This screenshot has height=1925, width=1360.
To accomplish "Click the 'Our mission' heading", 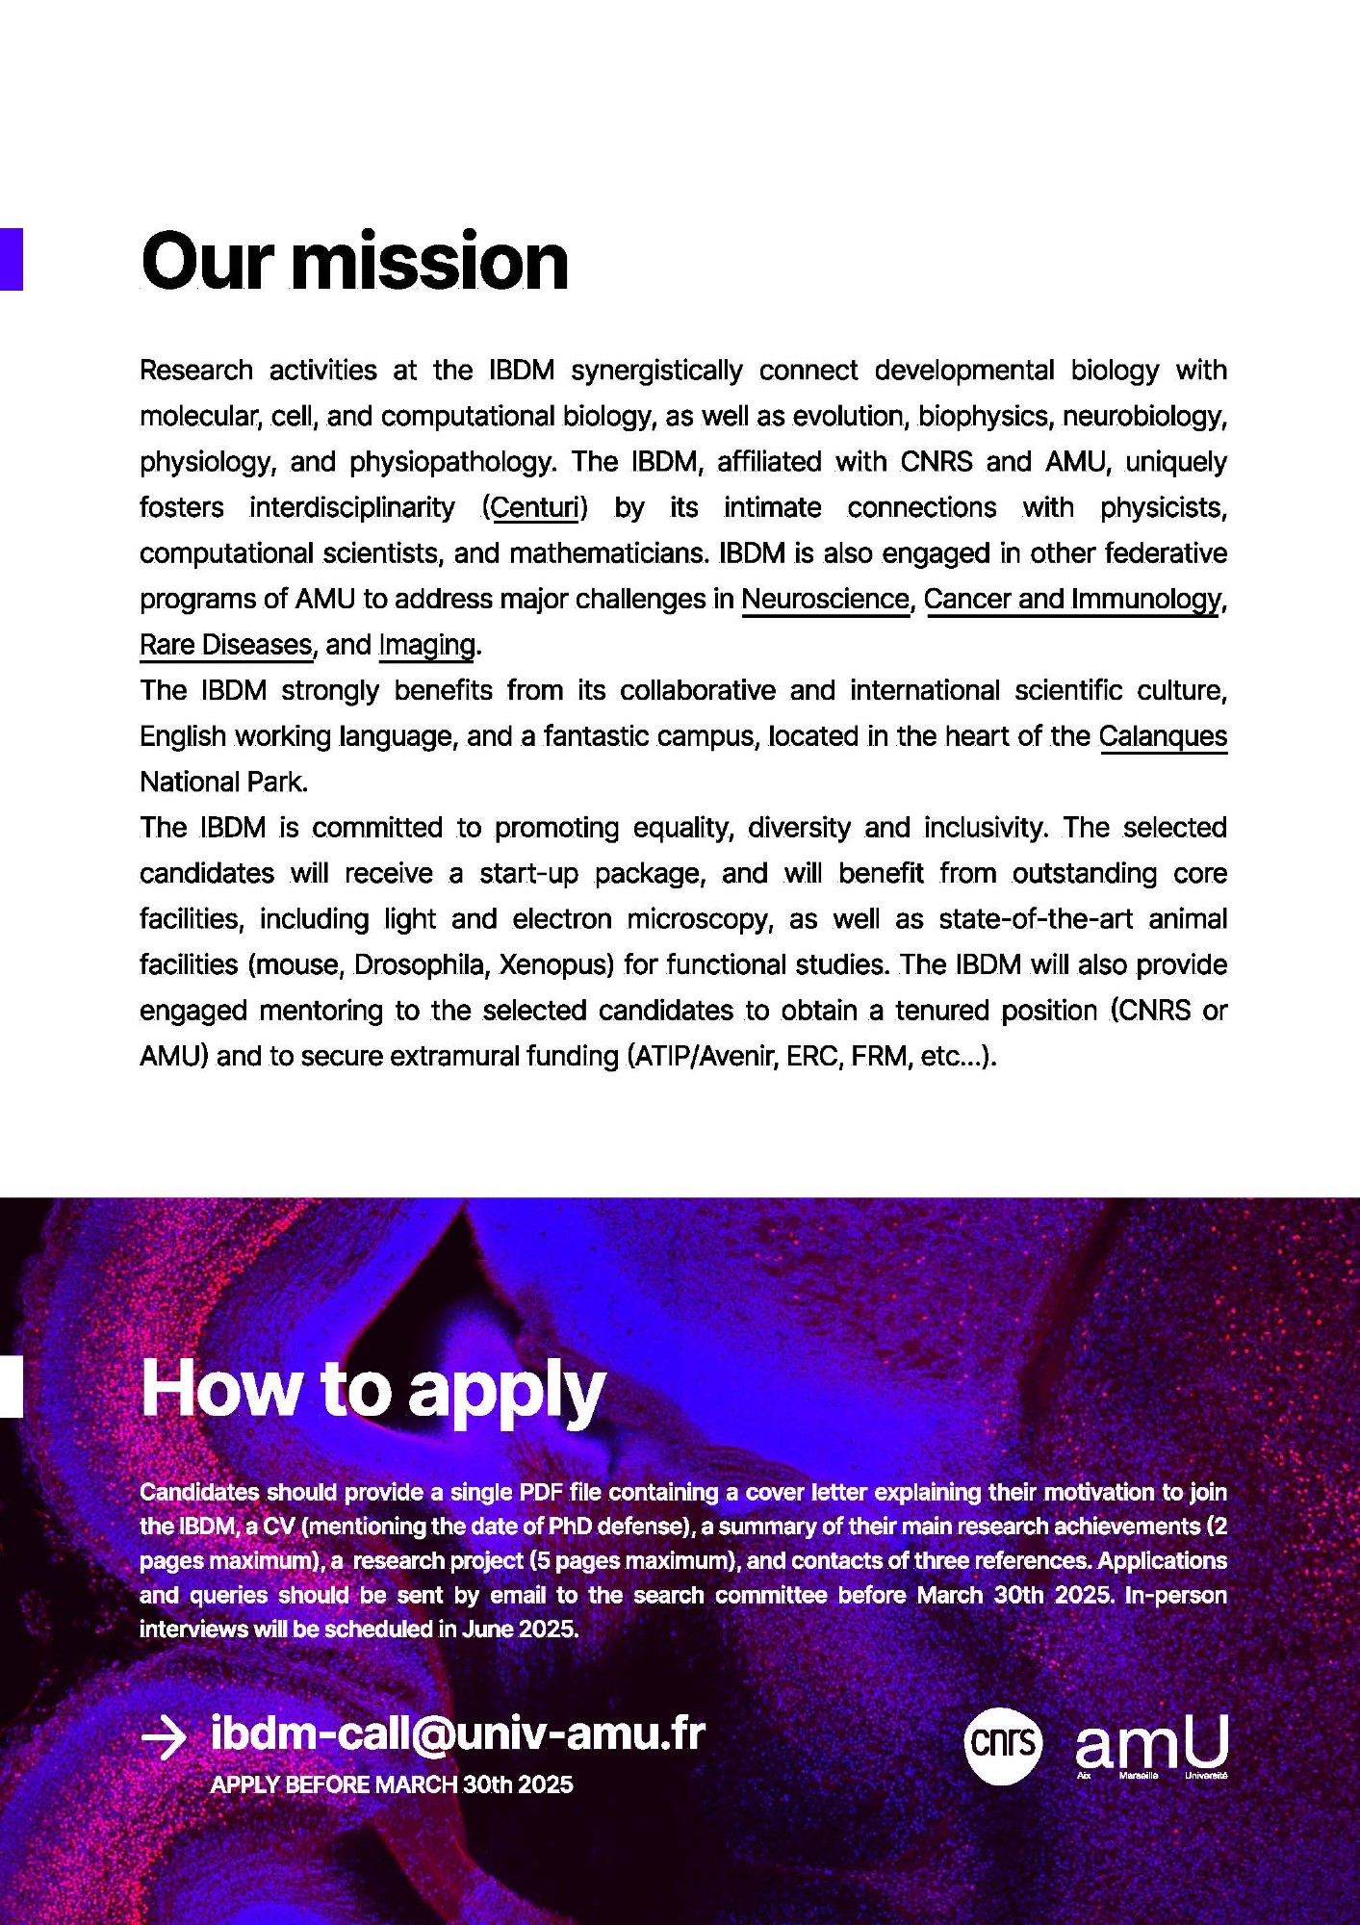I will click(354, 262).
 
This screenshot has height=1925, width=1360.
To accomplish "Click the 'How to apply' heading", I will click(372, 1390).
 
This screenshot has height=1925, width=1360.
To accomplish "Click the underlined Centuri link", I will click(534, 507).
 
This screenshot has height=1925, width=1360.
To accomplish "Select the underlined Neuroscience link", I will click(825, 599).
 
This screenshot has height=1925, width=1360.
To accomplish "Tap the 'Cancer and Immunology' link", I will click(1072, 599).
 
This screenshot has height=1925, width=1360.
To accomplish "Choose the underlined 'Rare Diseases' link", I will click(226, 645).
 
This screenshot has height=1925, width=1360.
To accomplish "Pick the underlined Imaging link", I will click(426, 645).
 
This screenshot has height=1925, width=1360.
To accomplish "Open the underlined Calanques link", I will click(1163, 736).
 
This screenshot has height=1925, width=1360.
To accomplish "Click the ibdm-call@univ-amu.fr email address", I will click(457, 1733).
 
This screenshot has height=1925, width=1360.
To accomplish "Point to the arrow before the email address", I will click(164, 1737).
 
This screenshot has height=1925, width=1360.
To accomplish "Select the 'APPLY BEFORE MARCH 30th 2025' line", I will click(392, 1784).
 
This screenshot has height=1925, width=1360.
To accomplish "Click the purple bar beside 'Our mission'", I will click(11, 259).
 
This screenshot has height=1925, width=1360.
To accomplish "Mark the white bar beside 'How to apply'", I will click(11, 1387).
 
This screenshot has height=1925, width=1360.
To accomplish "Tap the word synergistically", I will click(656, 371).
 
